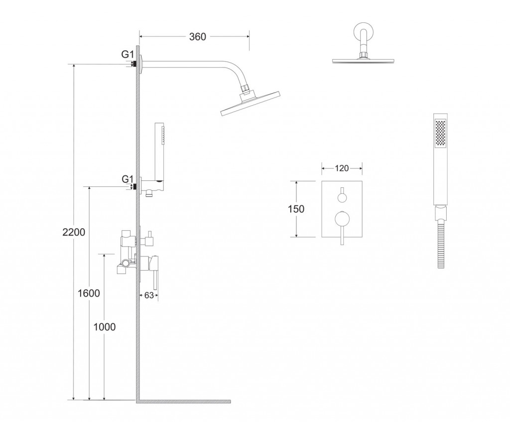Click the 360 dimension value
pos(197,37)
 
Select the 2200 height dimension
pos(74,232)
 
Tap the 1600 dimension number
pos(89,293)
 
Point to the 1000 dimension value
pos(105,327)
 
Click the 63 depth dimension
pos(148,295)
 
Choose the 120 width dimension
pos(342,168)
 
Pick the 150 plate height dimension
pos(296,209)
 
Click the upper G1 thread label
pos(127,54)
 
